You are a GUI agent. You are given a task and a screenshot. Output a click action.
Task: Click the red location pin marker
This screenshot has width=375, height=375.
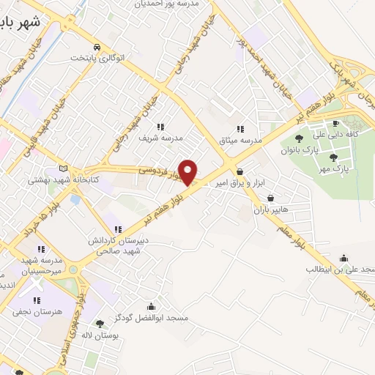188,172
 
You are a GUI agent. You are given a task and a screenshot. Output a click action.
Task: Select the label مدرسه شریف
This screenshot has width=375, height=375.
166,137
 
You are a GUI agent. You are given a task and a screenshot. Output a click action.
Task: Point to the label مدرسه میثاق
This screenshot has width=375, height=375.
241,139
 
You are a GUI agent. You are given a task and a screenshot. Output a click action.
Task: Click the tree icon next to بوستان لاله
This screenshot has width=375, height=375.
100,323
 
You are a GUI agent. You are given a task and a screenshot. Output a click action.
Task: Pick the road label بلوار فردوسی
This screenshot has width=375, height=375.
160,173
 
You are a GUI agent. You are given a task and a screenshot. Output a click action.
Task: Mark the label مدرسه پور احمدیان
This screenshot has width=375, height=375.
166,4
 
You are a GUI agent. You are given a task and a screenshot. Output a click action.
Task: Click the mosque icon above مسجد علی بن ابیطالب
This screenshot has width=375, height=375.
344,257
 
